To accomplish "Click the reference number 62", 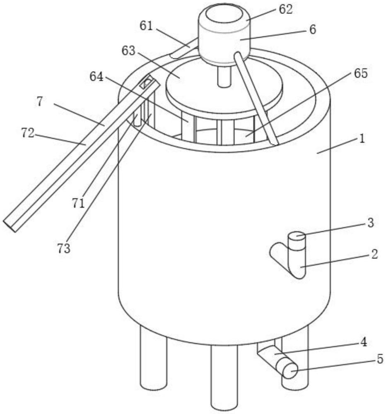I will (285, 10).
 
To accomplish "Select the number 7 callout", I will (39, 102).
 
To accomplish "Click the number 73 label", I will (64, 249).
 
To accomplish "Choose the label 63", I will (128, 51).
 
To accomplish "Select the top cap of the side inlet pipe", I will (297, 237).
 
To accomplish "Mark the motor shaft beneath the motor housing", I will (224, 77).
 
